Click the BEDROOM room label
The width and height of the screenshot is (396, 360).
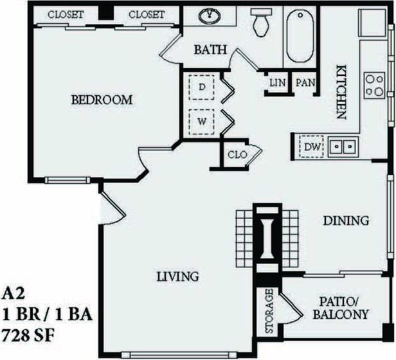tap(102, 100)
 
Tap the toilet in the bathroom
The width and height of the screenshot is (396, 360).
tap(261, 23)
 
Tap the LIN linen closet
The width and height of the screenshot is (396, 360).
tap(277, 83)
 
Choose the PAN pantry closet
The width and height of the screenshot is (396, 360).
tap(305, 83)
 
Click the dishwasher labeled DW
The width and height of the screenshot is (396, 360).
tap(312, 147)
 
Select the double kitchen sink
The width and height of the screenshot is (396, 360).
tap(343, 147)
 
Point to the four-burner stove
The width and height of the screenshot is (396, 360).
tap(374, 85)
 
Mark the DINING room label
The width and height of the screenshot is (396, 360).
tap(346, 221)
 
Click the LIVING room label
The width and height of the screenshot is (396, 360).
tap(177, 276)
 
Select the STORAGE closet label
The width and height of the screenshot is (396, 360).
tap(269, 312)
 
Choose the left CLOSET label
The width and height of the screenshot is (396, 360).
tap(66, 14)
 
